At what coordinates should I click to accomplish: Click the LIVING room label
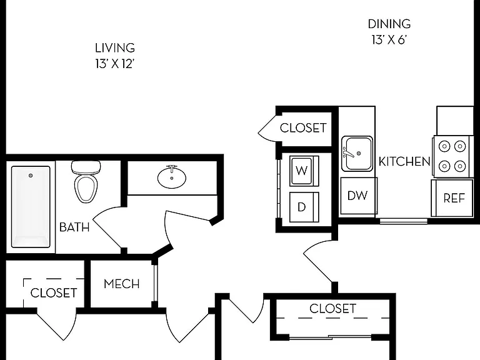click(115, 48)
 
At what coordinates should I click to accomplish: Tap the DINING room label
click(389, 24)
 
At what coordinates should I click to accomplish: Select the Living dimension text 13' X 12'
click(115, 64)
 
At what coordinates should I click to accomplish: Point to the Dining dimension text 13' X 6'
click(389, 40)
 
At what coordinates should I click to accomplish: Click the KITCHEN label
click(404, 161)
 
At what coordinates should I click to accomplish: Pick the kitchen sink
click(357, 154)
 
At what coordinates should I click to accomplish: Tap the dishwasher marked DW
click(358, 196)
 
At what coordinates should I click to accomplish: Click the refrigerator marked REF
click(452, 198)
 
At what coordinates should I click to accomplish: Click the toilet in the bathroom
click(86, 181)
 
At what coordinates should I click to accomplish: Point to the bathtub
click(31, 207)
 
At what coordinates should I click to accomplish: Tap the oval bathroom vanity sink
click(172, 177)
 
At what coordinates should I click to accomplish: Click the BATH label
click(74, 227)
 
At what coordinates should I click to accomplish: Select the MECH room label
click(121, 284)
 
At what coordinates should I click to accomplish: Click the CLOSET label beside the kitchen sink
click(303, 128)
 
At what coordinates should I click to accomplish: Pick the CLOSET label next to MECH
click(54, 293)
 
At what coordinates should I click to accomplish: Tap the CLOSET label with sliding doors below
click(332, 309)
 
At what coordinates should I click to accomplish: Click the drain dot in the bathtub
click(31, 176)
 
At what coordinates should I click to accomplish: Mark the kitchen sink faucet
click(348, 152)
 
